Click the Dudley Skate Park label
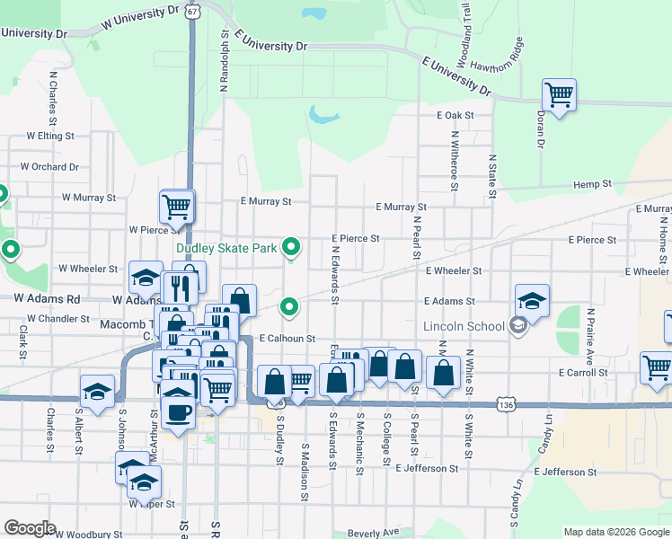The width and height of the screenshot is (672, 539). (227, 248)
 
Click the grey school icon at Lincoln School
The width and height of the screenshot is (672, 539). (517, 326)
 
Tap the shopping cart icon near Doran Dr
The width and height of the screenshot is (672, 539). (559, 95)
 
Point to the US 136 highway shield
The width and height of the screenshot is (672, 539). (508, 405)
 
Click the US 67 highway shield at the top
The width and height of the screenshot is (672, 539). (193, 13)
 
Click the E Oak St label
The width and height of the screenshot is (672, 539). (455, 116)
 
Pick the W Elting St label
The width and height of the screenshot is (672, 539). (49, 136)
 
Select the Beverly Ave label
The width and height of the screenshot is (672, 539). (374, 532)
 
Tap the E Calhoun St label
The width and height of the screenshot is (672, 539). (287, 339)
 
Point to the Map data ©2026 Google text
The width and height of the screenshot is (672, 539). (615, 532)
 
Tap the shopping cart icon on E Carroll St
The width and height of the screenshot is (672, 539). (657, 367)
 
